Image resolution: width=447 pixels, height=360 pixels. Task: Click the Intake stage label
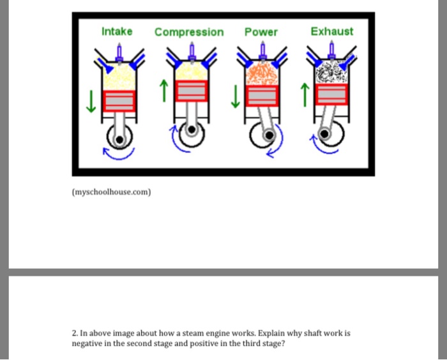click(117, 31)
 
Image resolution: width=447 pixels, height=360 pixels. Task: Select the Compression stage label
click(189, 32)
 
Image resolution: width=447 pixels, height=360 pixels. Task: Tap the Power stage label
click(261, 32)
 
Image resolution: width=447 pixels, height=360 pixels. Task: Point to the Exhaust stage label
click(331, 31)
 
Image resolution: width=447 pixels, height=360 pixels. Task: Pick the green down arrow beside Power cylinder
click(236, 96)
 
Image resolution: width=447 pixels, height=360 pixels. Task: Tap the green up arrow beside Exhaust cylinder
click(306, 96)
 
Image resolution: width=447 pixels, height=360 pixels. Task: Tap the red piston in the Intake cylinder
click(119, 101)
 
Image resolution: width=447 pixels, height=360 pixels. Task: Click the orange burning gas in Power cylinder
click(261, 75)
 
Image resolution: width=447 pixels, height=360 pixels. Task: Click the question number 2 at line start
click(75, 333)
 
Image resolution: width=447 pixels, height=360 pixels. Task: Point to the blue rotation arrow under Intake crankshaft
click(119, 154)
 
